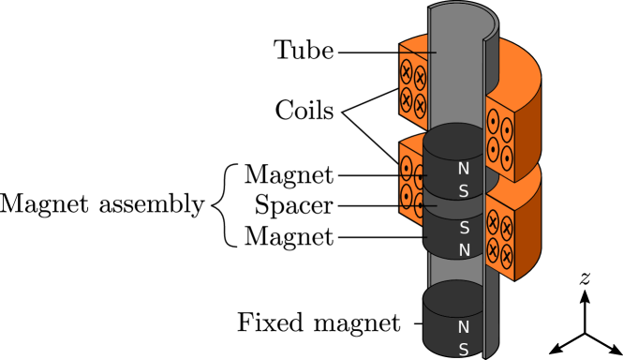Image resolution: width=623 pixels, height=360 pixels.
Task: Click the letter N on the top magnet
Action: click(463, 169)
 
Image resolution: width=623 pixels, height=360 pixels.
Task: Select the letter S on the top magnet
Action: click(463, 191)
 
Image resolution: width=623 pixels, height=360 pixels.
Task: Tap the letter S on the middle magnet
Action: click(464, 228)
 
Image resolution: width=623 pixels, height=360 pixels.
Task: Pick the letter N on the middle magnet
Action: click(464, 250)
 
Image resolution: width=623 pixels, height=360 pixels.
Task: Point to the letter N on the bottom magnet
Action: click(463, 327)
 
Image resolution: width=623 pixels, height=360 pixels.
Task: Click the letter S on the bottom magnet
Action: click(463, 350)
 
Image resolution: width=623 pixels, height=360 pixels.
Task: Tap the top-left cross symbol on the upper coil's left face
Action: click(407, 71)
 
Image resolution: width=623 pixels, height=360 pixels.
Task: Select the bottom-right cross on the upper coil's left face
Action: click(420, 104)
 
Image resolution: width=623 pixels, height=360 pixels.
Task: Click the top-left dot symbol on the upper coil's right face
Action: click(493, 121)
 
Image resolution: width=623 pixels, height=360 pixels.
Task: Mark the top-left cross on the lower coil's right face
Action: click(493, 221)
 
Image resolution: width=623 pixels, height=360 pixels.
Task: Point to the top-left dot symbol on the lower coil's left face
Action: click(407, 169)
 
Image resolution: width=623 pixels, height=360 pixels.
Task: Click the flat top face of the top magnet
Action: click(456, 136)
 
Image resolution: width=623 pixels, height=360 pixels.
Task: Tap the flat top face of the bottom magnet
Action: click(456, 293)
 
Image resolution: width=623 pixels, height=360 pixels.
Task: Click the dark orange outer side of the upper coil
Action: click(527, 131)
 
